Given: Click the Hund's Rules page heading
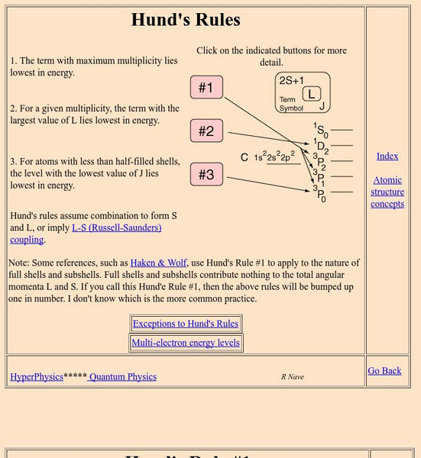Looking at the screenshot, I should point(186,20).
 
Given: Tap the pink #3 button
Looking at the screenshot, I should point(206,175).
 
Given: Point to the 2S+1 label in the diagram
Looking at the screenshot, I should point(293,80).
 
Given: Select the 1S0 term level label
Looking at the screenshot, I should point(320,130).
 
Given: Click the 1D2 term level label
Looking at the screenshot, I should point(320,145).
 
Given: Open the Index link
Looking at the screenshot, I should point(387,156).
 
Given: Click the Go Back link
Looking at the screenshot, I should point(384,370).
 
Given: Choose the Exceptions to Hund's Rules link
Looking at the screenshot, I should point(186,324).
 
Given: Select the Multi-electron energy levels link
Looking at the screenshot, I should point(186,343).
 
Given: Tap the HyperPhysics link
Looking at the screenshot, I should point(37,376).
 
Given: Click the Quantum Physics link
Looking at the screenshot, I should point(122,376).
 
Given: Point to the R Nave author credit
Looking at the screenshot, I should point(293,376).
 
